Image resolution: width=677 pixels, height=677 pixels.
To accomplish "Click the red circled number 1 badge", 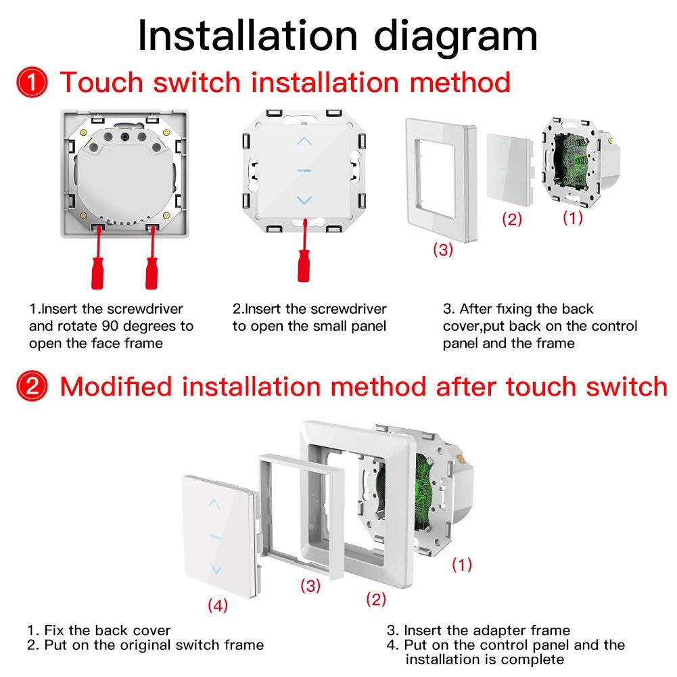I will pos(32,83).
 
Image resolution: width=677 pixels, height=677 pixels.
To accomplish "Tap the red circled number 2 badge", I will pos(32,388).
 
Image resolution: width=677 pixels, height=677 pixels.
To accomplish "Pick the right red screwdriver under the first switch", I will pos(151,260).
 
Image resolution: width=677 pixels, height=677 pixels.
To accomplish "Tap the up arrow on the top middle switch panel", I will pos(305,141).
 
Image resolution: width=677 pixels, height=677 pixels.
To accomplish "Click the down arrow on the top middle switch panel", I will pos(305,200).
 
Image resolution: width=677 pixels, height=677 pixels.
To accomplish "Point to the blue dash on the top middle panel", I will pos(305,170).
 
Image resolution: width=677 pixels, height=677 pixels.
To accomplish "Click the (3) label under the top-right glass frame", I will pos(443,249).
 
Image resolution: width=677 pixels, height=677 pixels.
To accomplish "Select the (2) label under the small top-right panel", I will pos(512,219).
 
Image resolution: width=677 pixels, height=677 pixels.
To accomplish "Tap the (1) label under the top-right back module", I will pos(572,217).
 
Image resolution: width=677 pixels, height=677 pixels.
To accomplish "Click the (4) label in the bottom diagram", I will pos(218,606).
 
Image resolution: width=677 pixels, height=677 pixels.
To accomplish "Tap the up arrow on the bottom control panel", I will pos(215,504).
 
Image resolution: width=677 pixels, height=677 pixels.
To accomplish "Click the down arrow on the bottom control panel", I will pos(215,569).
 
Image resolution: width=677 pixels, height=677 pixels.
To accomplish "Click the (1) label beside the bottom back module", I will pos(461,564).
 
